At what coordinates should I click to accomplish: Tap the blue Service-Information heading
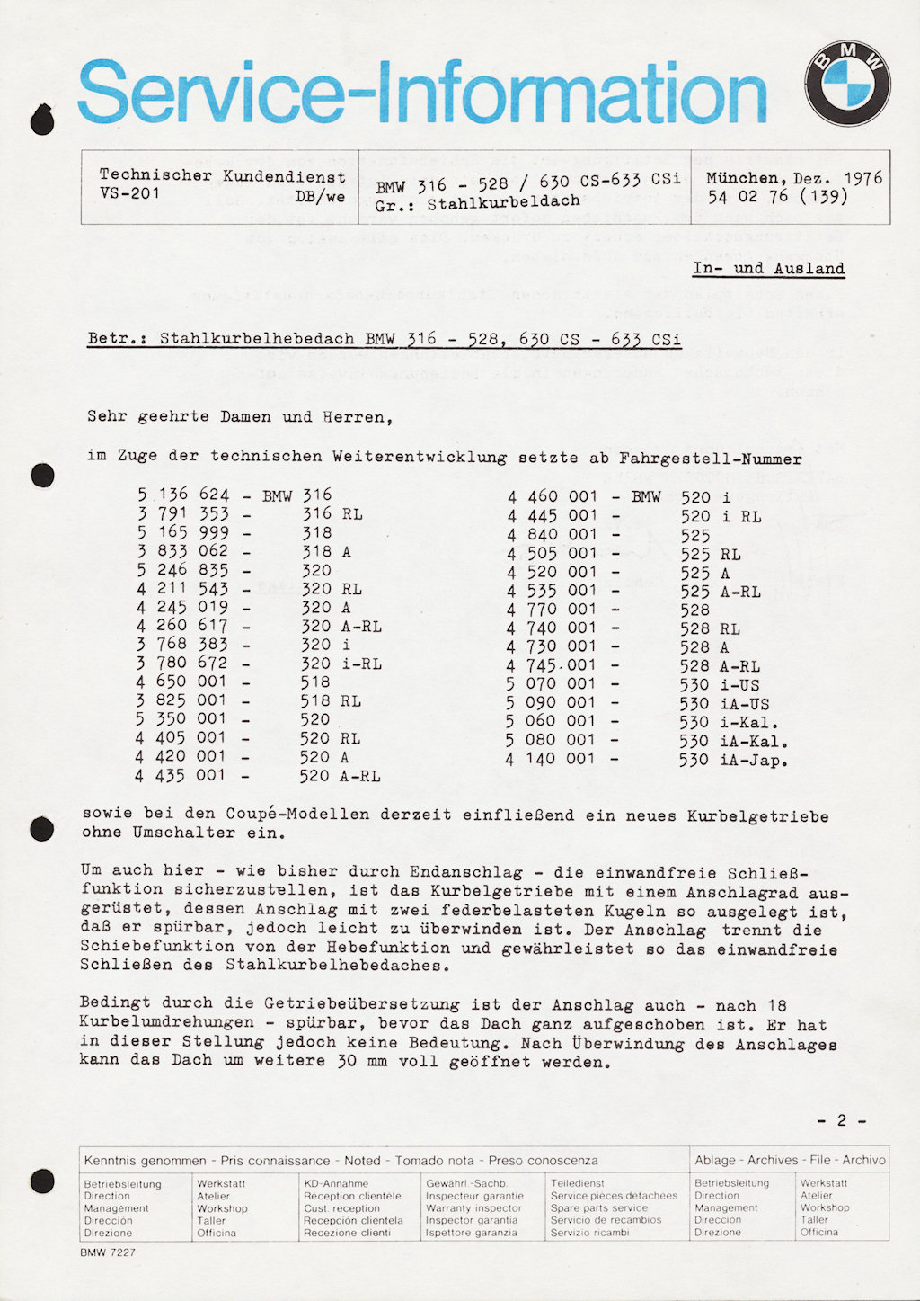coord(422,93)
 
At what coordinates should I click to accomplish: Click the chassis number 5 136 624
coord(183,495)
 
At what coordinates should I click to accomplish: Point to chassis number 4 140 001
coord(550,759)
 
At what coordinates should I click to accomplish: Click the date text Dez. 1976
coord(838,178)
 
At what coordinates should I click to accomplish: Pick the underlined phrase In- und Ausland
coord(768,269)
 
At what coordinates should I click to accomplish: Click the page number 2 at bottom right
coord(842,1120)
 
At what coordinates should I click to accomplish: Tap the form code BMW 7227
coord(108,1252)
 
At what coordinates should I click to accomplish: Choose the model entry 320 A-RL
coord(341,626)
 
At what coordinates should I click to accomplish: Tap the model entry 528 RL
coord(710,628)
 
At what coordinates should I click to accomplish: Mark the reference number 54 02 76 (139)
coord(777,197)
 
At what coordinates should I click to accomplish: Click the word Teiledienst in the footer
coord(578,1184)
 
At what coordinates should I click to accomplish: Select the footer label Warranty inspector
coord(473,1208)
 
